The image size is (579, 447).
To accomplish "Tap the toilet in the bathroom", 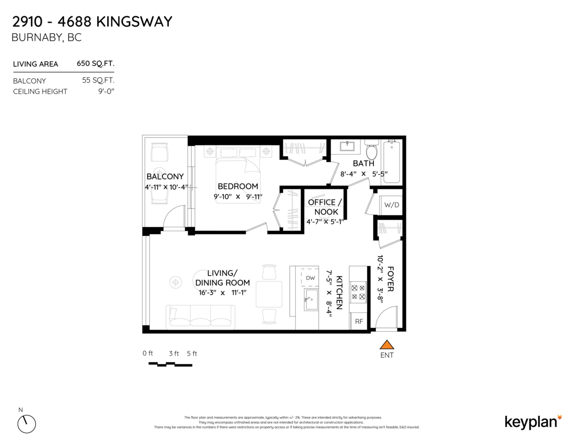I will [371, 150].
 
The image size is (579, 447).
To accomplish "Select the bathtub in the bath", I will [392, 162].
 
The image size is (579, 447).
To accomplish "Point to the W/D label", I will [391, 205].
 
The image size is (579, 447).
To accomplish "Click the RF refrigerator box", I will [359, 321].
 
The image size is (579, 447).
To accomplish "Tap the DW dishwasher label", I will [310, 278].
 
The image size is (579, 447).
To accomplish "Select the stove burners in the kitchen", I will [358, 292].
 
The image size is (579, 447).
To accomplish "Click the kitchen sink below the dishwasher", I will [310, 299].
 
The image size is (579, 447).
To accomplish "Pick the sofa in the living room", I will [200, 317].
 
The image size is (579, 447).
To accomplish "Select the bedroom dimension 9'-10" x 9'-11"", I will [237, 196].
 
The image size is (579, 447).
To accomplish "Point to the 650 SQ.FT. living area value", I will [96, 64].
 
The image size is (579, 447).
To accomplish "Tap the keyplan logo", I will [533, 421].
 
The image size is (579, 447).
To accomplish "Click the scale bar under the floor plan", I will [170, 364].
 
